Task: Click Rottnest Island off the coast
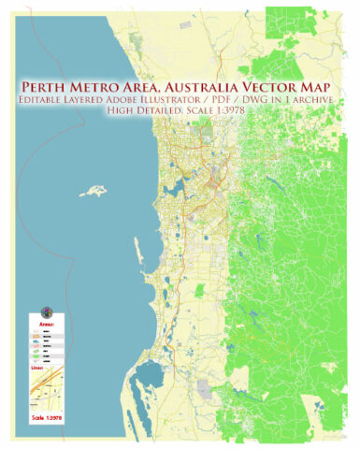point(93,191)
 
